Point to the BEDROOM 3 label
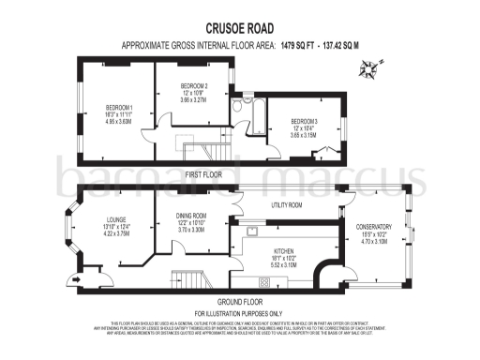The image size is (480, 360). tap(304, 122)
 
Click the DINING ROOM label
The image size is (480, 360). tap(191, 217)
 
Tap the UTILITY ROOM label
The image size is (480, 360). tap(287, 204)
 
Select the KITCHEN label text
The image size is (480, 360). tap(282, 251)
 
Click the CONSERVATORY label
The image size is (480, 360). tap(373, 227)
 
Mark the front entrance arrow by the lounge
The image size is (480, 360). tap(73, 277)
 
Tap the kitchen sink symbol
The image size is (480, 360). tap(251, 229)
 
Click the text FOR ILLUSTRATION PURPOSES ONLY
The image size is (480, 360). tap(238, 312)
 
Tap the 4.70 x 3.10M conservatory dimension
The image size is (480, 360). tap(373, 241)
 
